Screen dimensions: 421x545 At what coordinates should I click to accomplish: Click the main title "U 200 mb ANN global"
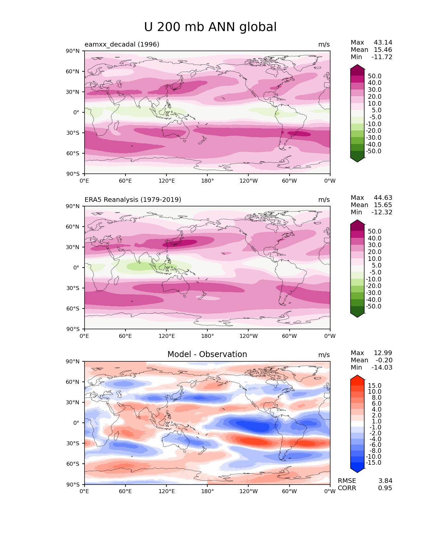point(210,27)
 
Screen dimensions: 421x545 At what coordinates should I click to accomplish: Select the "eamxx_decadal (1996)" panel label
point(122,45)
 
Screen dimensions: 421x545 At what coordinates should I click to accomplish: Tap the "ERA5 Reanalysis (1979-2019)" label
point(133,200)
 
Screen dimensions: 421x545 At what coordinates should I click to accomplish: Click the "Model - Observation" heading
point(207,354)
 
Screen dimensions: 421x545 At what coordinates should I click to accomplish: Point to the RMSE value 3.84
point(385,481)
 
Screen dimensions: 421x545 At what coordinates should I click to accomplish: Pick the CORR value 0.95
point(385,488)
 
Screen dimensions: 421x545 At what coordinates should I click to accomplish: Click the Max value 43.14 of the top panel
point(383,42)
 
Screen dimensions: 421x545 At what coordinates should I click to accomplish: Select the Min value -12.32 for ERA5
point(382,212)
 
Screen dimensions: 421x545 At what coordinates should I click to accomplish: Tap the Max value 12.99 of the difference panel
point(383,353)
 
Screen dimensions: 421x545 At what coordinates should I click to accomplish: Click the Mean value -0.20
point(384,360)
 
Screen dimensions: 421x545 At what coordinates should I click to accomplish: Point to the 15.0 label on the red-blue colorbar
point(374,385)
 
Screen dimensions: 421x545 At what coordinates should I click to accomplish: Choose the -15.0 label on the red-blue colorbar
point(373,462)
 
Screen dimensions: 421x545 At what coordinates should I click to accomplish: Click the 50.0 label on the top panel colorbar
point(374,76)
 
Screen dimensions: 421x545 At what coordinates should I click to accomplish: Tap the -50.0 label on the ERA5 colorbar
point(373,306)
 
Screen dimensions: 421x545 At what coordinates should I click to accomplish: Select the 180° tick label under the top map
point(207,181)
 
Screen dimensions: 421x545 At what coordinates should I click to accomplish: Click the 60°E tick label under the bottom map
point(125,491)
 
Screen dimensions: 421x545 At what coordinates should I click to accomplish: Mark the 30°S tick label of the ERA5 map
point(73,288)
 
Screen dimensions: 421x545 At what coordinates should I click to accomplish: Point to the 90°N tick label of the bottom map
point(73,361)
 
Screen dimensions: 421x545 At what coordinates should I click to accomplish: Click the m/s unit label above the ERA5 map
point(324,200)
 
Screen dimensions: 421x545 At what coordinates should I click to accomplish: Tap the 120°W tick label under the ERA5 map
point(249,336)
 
